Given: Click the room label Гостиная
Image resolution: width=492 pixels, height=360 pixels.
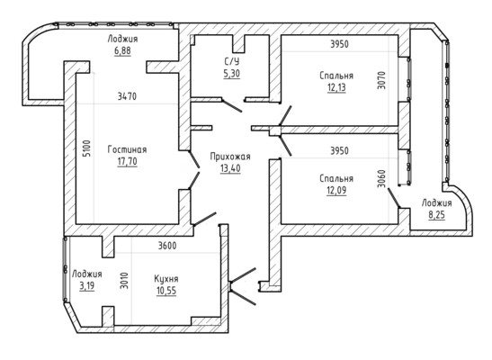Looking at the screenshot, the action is point(127,149).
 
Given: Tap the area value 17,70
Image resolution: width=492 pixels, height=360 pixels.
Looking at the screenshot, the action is point(128,161).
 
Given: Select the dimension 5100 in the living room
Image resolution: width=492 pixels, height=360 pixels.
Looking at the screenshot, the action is point(87,148).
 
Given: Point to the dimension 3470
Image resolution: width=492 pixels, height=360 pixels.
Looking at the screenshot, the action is point(127,96).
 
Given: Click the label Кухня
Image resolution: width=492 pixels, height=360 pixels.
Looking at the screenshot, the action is point(166,279).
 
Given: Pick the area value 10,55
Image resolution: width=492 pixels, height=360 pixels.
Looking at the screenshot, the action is point(166,291).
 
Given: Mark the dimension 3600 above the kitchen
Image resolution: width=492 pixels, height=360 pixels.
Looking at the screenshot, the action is point(167,246).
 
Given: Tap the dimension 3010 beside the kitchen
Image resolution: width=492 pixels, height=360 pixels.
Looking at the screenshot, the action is point(124,280).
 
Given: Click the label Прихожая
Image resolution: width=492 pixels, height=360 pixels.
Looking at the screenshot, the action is point(230,157).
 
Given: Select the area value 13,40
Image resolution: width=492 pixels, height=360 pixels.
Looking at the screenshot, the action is point(230,168).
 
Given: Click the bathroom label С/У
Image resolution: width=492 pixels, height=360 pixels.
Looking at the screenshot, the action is point(232,61).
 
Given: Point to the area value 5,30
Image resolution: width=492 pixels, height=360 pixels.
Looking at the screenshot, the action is point(231,74).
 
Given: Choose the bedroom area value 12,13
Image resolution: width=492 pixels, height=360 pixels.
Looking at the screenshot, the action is point(336,87).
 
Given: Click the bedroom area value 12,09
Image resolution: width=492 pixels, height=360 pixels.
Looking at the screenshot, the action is point(336,191).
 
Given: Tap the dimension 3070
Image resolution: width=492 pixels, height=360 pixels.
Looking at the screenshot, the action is point(381,81).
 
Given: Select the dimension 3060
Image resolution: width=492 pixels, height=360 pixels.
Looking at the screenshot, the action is point(381,178).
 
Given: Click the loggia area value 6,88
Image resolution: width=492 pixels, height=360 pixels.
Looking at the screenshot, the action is point(122,50).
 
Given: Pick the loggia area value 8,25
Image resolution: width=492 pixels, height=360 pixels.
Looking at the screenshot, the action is point(437,215).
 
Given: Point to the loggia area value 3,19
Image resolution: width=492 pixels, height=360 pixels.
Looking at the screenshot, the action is point(87,286).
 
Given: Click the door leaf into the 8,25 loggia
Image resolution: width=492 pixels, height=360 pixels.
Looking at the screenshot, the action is point(394,198).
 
